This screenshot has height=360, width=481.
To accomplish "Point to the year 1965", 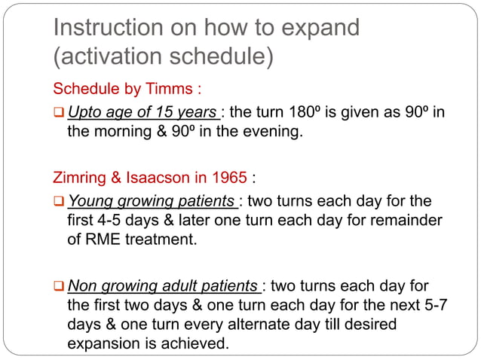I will (229, 178).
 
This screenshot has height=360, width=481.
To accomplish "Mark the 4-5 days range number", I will (112, 222).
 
